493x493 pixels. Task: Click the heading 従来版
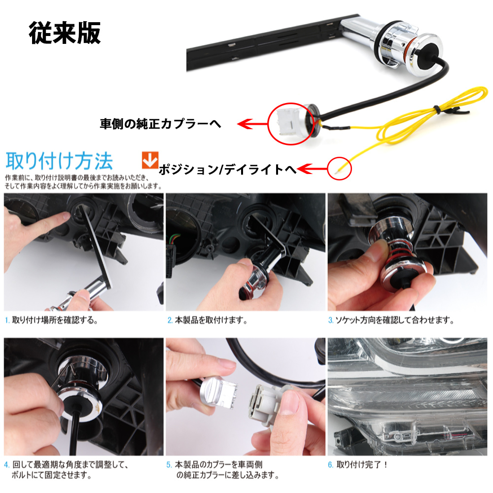(x=65, y=33)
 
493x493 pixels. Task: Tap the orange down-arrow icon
(x=150, y=160)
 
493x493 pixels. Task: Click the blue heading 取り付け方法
(x=59, y=161)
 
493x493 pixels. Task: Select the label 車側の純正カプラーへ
(x=160, y=124)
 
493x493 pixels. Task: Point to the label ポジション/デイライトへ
(x=228, y=170)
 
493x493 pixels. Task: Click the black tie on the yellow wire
(x=437, y=109)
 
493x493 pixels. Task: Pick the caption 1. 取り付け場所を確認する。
(x=52, y=320)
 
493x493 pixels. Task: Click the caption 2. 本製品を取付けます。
(x=207, y=320)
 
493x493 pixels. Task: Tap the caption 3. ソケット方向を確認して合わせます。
(x=391, y=320)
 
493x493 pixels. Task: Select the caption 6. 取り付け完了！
(x=358, y=464)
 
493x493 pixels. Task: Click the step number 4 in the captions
(x=6, y=464)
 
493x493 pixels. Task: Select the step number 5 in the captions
(x=169, y=464)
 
